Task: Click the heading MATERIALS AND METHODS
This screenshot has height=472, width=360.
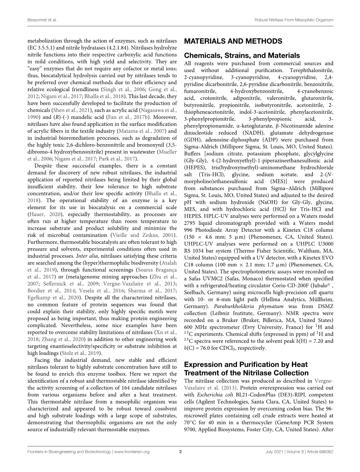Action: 233,41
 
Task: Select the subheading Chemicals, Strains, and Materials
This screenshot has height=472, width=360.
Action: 242,56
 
